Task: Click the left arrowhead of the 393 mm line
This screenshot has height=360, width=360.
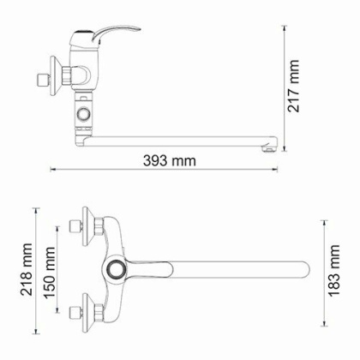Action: (52, 168)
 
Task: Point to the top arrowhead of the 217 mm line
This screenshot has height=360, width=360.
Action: (284, 27)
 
